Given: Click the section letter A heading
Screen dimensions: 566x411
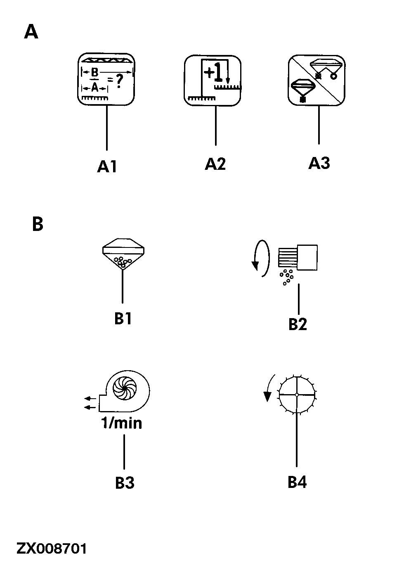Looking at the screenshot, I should [x=31, y=32].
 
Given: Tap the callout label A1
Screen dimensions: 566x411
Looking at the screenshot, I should [x=107, y=166].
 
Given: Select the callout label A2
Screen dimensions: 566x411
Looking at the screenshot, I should [x=215, y=164].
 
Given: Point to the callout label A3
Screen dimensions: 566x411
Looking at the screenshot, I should [x=319, y=163].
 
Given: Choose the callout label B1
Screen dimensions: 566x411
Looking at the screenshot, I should [x=123, y=319].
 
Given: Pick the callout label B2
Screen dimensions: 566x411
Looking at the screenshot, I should [x=298, y=324].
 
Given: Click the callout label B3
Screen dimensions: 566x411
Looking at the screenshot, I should [x=125, y=483].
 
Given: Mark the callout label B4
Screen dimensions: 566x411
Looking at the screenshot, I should [x=297, y=482].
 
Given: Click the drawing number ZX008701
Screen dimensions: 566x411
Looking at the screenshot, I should [x=52, y=549].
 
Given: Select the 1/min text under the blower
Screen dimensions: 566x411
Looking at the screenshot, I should [x=122, y=423].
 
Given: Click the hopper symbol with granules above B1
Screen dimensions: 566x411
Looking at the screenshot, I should [x=123, y=253].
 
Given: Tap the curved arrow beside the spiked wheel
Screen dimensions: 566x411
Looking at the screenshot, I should [x=268, y=388].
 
